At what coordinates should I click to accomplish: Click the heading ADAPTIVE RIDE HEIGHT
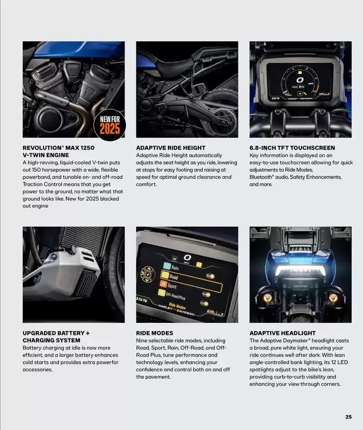[x=171, y=147]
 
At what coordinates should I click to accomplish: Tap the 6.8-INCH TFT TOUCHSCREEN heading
[x=292, y=147]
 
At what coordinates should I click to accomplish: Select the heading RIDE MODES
[x=155, y=333]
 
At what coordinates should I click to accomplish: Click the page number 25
[x=348, y=416]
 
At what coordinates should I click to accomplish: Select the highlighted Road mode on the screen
[x=174, y=277]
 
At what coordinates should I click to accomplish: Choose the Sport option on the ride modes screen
[x=173, y=286]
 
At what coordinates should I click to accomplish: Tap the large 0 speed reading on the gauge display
[x=300, y=81]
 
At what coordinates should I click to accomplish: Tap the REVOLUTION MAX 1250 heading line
[x=59, y=147]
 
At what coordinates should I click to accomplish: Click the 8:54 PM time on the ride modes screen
[x=142, y=300]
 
